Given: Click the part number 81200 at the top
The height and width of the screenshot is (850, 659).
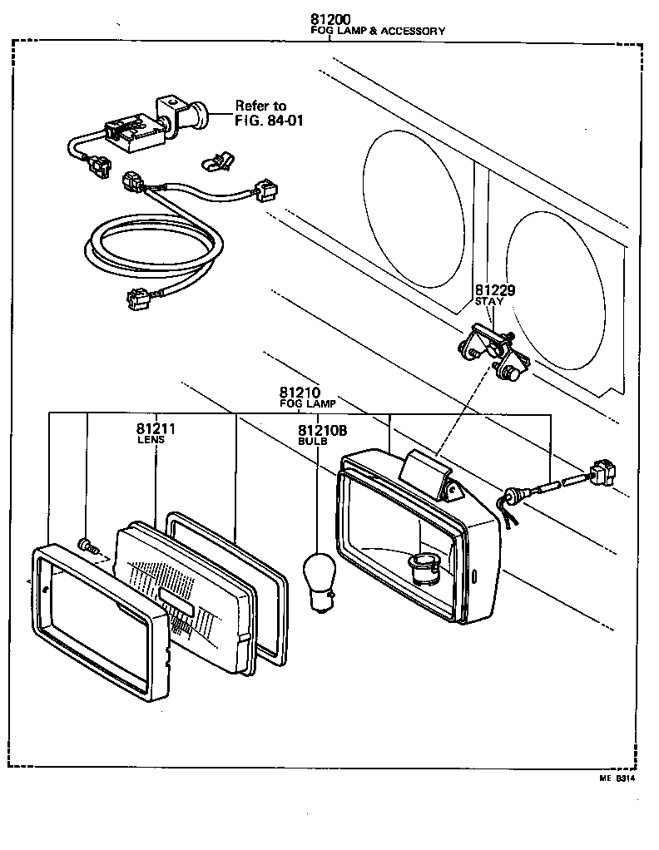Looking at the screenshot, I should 329,19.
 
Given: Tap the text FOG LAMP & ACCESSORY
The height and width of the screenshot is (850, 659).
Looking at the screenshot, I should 377,31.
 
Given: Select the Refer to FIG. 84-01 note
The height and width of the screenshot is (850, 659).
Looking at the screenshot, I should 261,112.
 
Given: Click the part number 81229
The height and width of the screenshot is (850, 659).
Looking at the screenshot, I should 495,290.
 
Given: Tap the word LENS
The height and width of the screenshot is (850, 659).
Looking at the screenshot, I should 151,440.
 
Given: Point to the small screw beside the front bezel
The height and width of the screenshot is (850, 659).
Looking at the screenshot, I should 87,546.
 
